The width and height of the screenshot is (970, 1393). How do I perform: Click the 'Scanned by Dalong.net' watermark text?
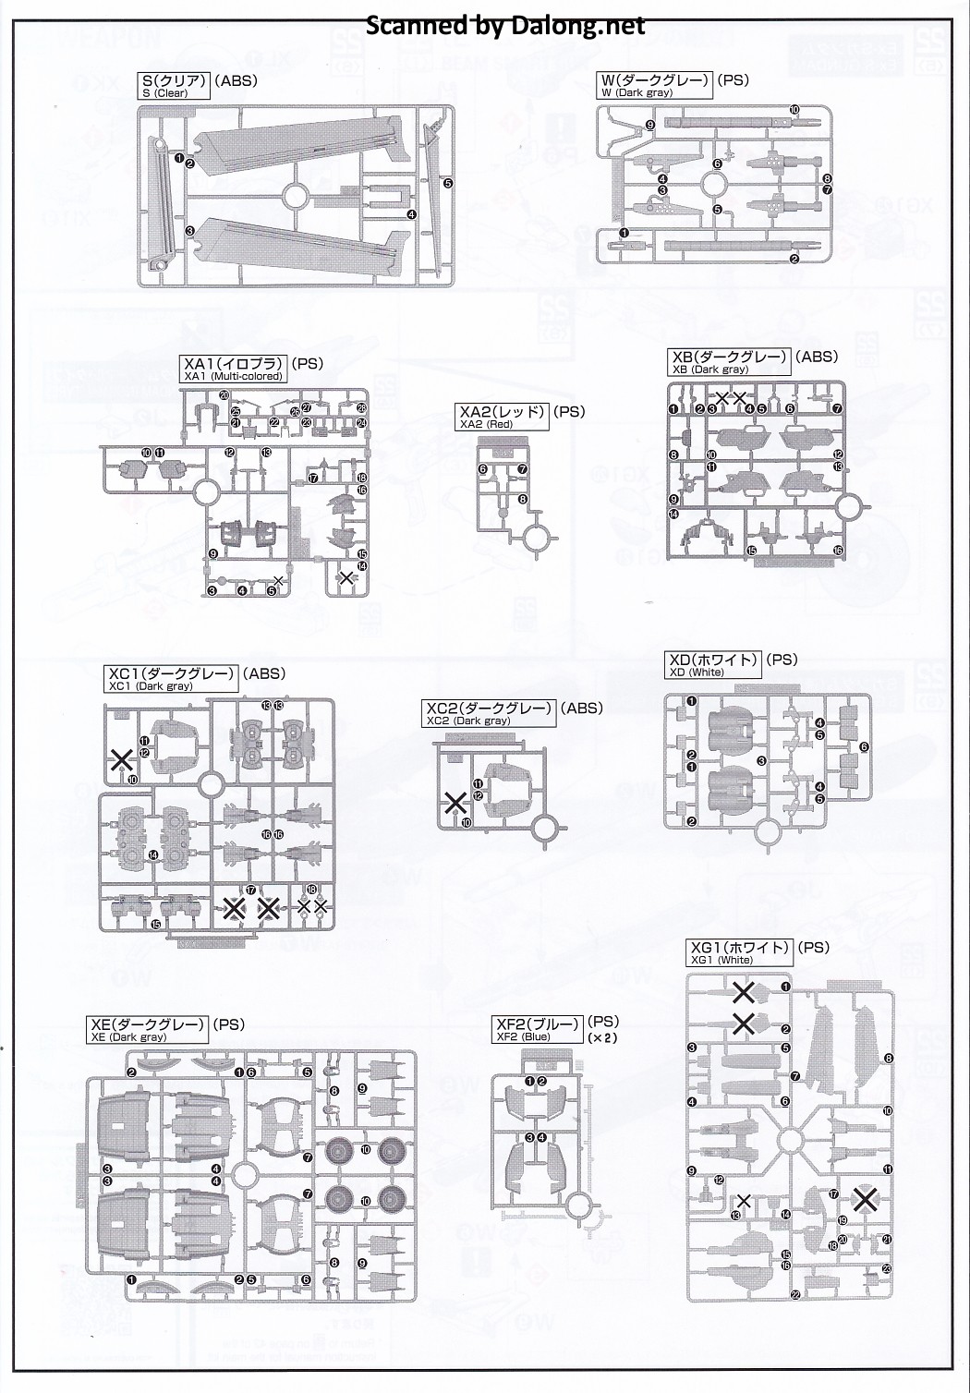(x=505, y=26)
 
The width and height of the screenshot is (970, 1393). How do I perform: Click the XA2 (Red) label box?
(x=502, y=417)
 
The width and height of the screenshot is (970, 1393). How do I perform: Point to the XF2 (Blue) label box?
(x=538, y=1029)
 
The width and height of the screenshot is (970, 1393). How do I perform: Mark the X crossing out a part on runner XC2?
(x=455, y=803)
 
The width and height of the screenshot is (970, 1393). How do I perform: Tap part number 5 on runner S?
(x=448, y=183)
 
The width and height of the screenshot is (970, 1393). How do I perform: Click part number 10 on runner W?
(x=794, y=109)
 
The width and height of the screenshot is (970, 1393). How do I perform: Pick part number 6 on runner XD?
(x=864, y=746)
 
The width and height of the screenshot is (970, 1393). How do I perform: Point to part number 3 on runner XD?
(x=760, y=760)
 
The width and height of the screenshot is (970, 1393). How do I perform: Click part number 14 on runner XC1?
(x=152, y=855)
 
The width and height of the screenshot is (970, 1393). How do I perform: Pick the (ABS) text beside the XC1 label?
(x=263, y=674)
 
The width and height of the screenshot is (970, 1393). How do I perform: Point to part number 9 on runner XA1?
(x=212, y=553)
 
